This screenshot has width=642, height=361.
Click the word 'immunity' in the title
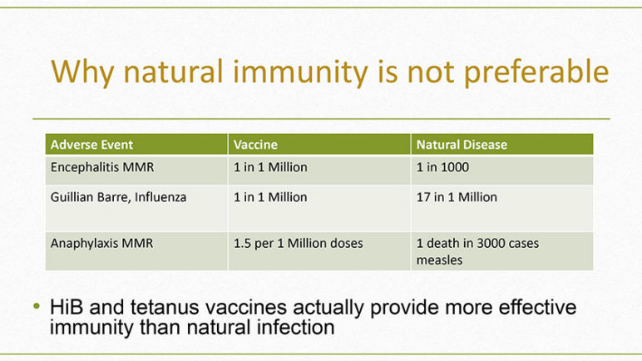[x=300, y=72]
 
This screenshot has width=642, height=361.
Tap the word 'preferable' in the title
[x=536, y=72]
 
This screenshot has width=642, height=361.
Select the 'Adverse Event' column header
[x=91, y=145]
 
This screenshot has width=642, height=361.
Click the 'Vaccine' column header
[x=255, y=145]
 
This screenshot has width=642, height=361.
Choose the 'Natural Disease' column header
[x=462, y=145]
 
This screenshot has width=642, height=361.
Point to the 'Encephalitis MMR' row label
[x=102, y=167]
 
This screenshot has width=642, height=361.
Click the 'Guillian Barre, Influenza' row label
[x=118, y=197]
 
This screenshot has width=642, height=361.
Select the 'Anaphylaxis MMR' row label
[x=102, y=244]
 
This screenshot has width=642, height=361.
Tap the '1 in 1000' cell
[x=442, y=167]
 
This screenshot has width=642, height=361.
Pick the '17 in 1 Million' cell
[x=457, y=197]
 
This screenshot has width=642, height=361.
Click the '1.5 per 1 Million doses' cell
[x=298, y=244]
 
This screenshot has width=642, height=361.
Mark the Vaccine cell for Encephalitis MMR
[x=270, y=167]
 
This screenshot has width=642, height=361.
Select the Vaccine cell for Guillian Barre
[x=270, y=197]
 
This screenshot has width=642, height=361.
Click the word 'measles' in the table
[x=439, y=260]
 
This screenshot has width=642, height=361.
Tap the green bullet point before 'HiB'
[x=37, y=306]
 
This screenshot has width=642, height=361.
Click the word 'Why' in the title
[x=81, y=73]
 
